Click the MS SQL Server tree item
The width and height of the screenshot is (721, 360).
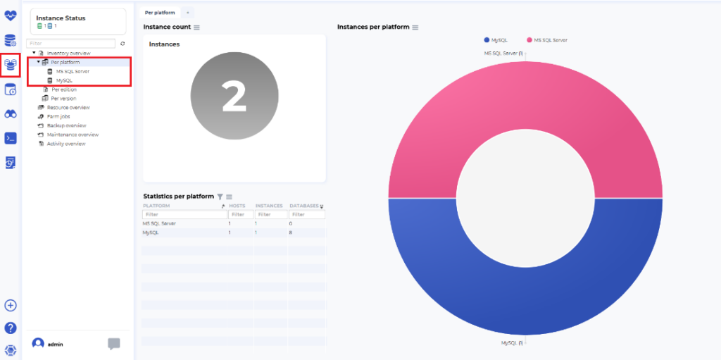tap(73, 71)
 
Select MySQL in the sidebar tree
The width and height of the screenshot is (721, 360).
tap(64, 80)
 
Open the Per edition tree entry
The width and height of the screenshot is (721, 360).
tap(63, 89)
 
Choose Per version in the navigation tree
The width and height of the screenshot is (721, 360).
tap(63, 99)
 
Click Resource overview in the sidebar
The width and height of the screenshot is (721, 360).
tap(68, 108)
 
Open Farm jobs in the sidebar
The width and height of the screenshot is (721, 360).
tap(58, 116)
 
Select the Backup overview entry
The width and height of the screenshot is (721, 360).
tap(66, 125)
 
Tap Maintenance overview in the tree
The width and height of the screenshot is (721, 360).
tap(73, 135)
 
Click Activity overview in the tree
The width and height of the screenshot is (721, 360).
tap(65, 144)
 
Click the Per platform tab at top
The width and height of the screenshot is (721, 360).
tap(160, 13)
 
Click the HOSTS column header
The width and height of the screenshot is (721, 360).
tap(237, 206)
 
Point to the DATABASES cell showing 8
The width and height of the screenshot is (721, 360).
tap(291, 232)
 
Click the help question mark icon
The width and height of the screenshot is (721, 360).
tap(11, 328)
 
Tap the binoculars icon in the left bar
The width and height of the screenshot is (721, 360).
tap(11, 113)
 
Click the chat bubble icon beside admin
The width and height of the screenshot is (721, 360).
tap(114, 344)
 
